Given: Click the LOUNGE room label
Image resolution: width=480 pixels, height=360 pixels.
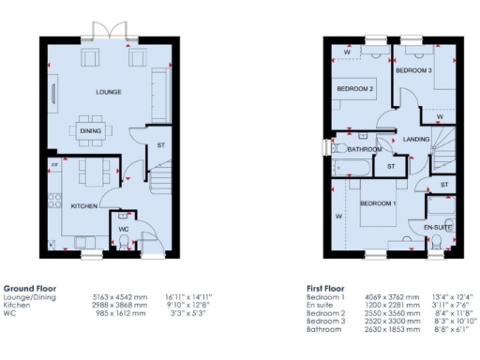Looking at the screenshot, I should tap(108, 93).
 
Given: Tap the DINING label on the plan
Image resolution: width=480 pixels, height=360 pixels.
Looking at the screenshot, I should tap(91, 132).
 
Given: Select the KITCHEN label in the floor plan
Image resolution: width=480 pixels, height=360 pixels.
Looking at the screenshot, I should tap(84, 206).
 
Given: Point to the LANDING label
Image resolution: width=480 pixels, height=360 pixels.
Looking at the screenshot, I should tap(416, 140).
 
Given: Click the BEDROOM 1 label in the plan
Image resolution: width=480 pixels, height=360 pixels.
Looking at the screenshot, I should tap(379, 203).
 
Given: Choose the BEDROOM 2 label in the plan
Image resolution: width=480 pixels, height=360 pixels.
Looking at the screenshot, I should tap(356, 89).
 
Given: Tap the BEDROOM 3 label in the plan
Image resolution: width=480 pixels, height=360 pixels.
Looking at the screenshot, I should tap(413, 70).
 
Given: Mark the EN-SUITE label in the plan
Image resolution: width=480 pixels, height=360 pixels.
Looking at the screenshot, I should tap(438, 227).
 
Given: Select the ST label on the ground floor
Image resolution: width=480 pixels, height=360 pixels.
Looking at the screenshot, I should tap(160, 145).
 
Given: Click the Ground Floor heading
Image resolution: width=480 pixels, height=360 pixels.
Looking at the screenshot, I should tap(30, 288).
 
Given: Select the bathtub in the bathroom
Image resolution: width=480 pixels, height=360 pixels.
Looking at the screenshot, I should tap(352, 168).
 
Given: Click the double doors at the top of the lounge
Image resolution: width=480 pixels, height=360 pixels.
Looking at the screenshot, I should tap(116, 40).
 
